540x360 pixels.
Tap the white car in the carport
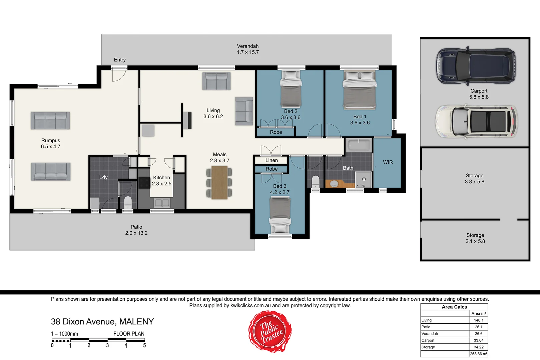476,121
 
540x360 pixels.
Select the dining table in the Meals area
219,183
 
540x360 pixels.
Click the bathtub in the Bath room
359,146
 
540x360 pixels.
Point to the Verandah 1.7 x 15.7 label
247,49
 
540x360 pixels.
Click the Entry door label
120,60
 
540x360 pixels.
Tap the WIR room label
388,162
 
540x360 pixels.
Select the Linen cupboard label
272,160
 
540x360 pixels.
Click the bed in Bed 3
280,215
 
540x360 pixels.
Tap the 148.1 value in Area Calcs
478,320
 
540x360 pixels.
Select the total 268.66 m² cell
478,354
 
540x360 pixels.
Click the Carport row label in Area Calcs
428,341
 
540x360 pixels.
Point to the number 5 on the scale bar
144,346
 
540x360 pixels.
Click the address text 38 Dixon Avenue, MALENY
102,322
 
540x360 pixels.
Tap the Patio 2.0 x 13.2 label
136,230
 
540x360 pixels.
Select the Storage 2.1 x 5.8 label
475,238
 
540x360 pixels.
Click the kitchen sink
162,202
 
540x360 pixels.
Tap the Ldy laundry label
103,177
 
